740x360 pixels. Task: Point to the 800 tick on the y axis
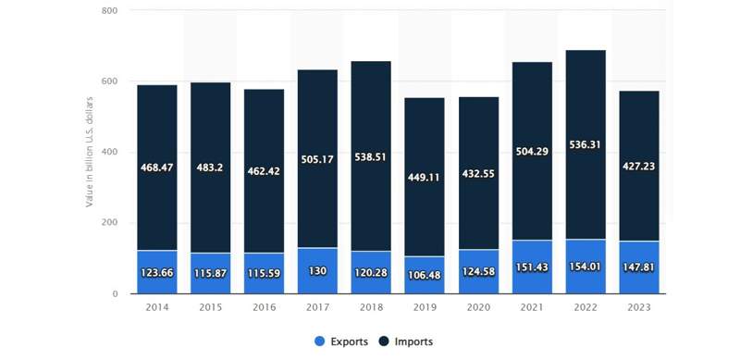point(110,10)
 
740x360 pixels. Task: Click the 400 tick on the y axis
point(110,152)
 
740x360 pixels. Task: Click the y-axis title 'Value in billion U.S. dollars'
point(90,152)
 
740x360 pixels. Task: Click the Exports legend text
point(351,341)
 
